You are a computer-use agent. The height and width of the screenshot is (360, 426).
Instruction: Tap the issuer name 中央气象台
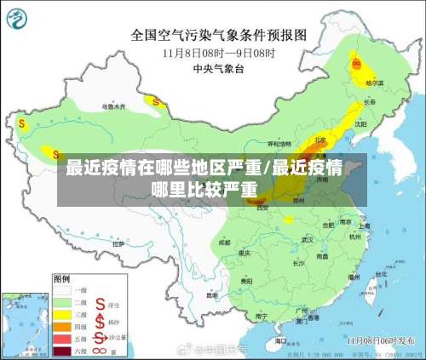click(x=217, y=67)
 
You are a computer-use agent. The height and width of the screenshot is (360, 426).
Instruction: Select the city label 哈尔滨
click(x=375, y=83)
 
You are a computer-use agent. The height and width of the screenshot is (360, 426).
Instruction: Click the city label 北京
click(x=319, y=139)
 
